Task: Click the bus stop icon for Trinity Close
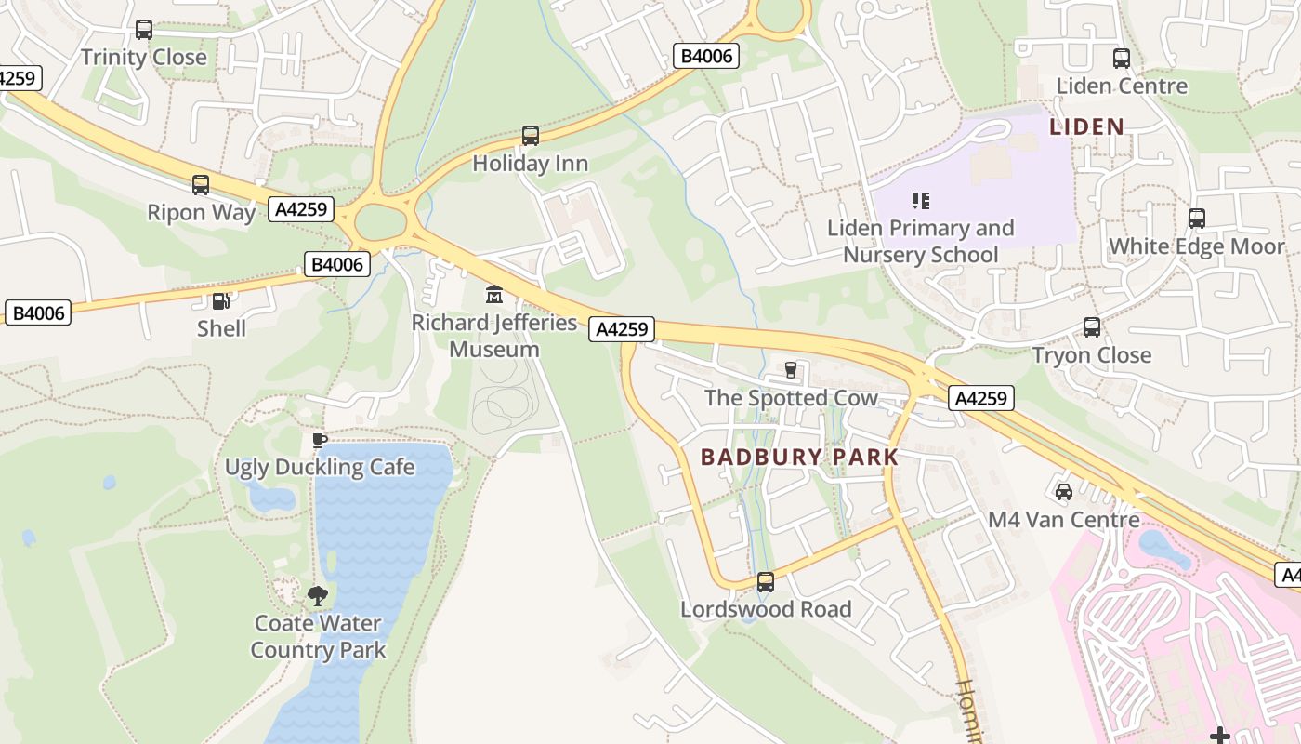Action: (144, 30)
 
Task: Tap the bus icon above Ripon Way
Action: (201, 185)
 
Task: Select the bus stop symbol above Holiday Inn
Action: (531, 136)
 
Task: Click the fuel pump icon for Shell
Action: (221, 301)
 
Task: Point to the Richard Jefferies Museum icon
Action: (494, 295)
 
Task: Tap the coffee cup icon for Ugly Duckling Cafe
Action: (320, 440)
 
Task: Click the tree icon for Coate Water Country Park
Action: (318, 595)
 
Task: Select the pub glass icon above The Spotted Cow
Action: (791, 370)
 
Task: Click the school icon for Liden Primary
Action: (921, 200)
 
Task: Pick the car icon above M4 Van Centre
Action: (1064, 491)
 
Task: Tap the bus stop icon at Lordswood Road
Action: (766, 582)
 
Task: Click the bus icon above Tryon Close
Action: (1092, 327)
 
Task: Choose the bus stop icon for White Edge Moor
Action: (1197, 219)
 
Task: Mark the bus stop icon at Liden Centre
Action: (1122, 59)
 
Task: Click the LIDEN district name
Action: (1086, 126)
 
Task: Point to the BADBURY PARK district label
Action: (799, 457)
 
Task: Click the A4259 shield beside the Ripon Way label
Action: (301, 209)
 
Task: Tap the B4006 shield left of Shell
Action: (39, 312)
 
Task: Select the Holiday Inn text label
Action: (530, 164)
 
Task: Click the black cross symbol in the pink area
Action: (1220, 736)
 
